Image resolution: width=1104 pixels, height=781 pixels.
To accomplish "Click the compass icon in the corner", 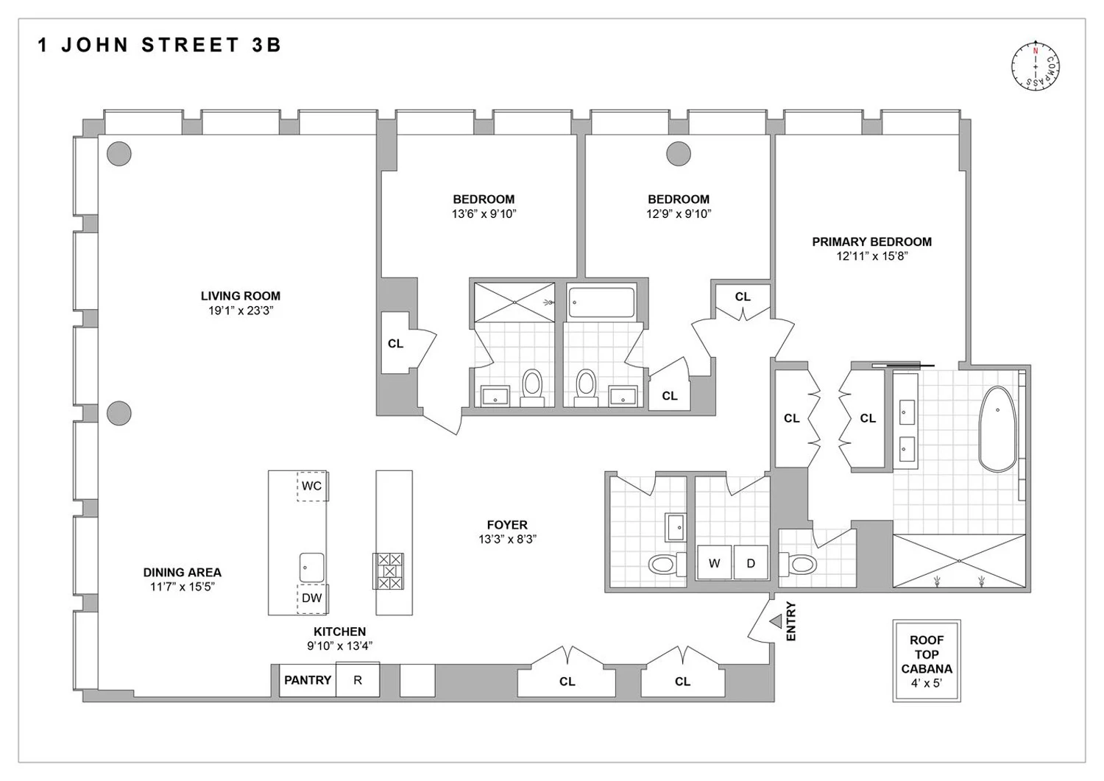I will pyautogui.click(x=1036, y=66).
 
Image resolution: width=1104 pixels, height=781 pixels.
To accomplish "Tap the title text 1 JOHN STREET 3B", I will pyautogui.click(x=160, y=46).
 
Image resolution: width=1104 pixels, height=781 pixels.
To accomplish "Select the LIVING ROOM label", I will pyautogui.click(x=241, y=296).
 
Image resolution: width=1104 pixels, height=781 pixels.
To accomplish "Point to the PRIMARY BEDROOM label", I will pyautogui.click(x=871, y=241).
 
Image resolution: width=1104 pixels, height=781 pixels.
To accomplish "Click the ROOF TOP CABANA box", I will pyautogui.click(x=926, y=660).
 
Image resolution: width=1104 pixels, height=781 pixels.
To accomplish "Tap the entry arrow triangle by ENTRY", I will pyautogui.click(x=776, y=622).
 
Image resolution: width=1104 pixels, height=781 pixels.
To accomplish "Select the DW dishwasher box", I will pyautogui.click(x=312, y=598).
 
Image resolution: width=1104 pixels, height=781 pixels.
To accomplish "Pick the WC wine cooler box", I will pyautogui.click(x=312, y=486).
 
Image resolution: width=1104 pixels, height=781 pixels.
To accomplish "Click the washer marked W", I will pyautogui.click(x=714, y=563).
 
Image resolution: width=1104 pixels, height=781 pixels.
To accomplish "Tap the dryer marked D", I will pyautogui.click(x=751, y=563).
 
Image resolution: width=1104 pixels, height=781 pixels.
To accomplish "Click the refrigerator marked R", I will pyautogui.click(x=358, y=680).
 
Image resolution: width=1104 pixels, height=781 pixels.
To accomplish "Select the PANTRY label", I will pyautogui.click(x=308, y=680).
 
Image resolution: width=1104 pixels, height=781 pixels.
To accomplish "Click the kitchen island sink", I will pyautogui.click(x=312, y=567).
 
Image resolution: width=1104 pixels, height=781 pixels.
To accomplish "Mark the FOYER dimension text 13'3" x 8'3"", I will pyautogui.click(x=507, y=539).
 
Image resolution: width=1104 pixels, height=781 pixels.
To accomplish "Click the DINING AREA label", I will pyautogui.click(x=182, y=572).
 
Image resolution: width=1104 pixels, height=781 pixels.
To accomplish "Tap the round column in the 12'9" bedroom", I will pyautogui.click(x=679, y=154).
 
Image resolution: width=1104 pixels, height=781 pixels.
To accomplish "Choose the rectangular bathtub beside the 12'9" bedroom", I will pyautogui.click(x=601, y=303).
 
